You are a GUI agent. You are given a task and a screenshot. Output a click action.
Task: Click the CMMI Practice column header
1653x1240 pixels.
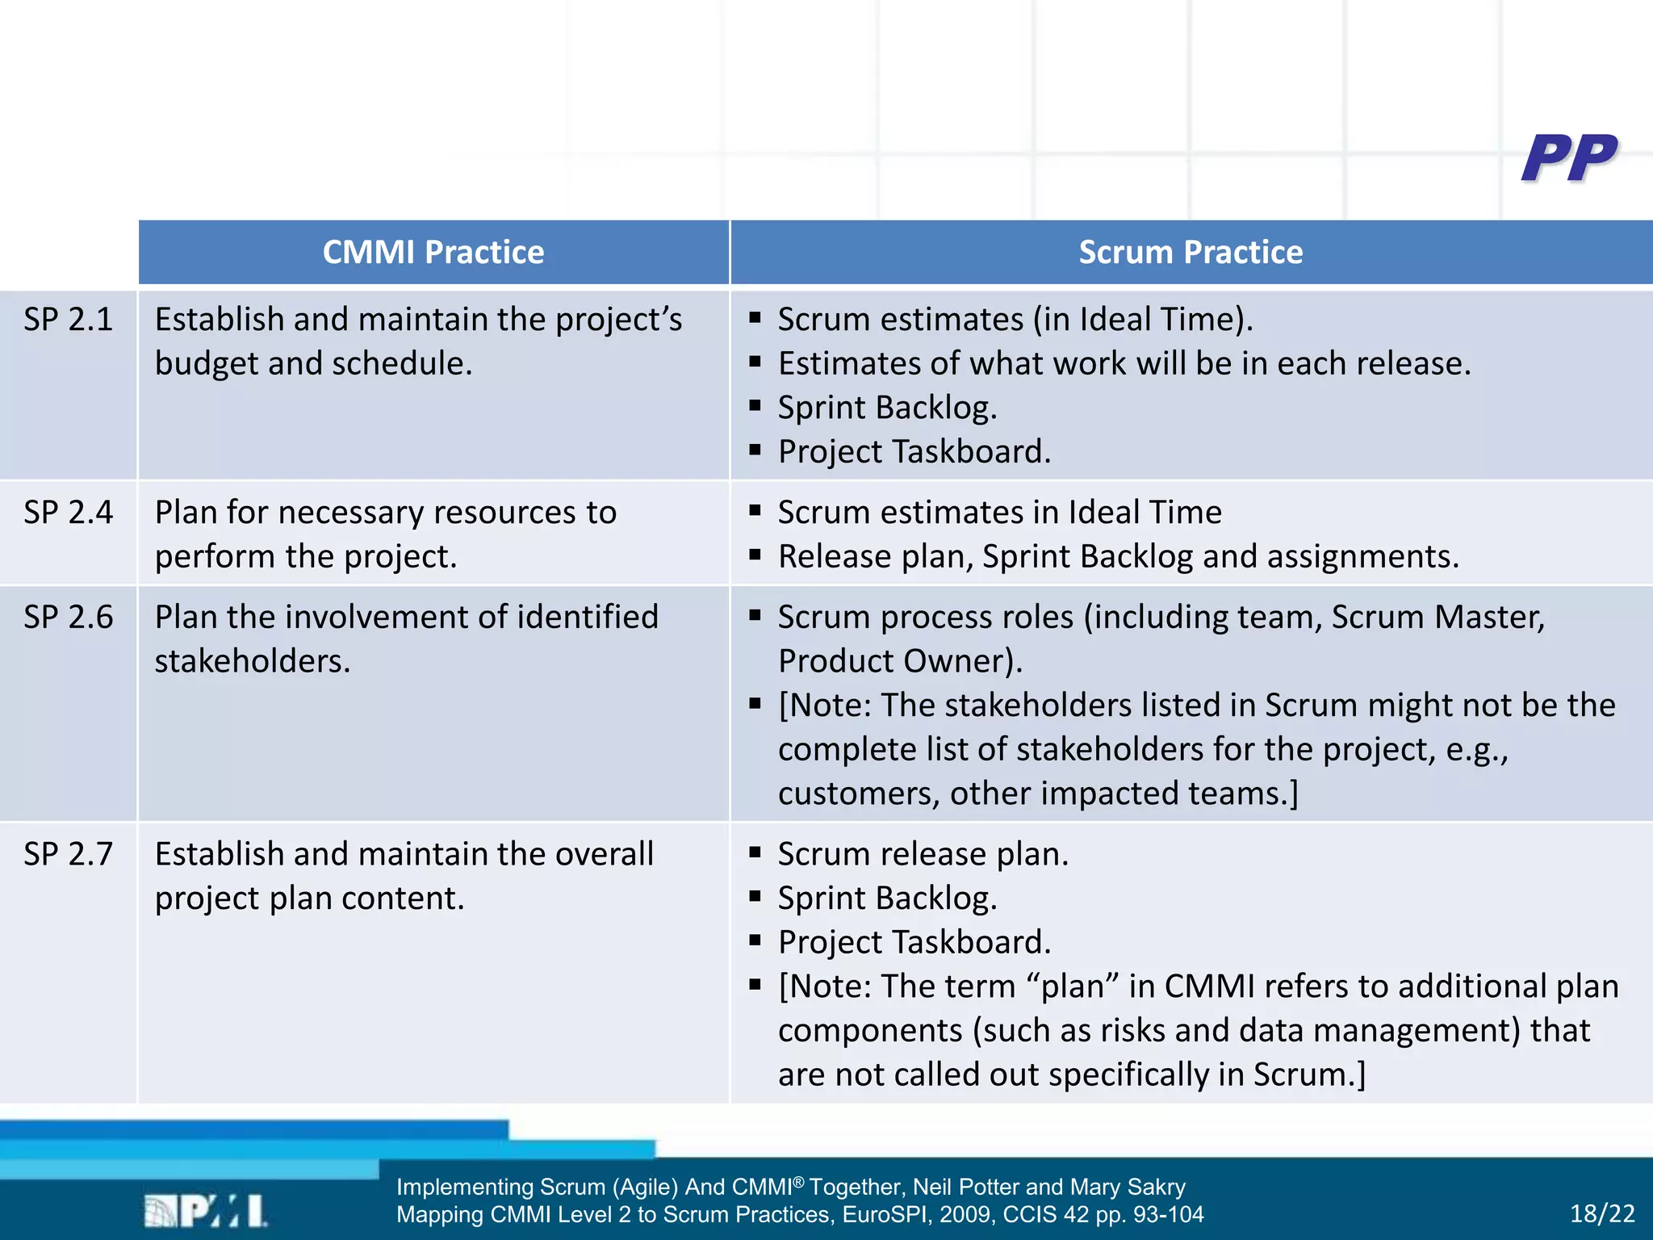coord(433,253)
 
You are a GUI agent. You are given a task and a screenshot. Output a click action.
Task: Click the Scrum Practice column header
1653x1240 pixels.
coord(1191,253)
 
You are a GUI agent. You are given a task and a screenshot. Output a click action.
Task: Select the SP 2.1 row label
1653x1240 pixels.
coord(68,320)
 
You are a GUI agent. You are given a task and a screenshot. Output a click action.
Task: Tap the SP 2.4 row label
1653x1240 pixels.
coord(68,513)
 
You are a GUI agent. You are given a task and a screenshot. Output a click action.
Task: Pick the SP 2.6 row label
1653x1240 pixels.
coord(68,618)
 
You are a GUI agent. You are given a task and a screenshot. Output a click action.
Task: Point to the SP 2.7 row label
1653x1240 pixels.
coord(68,854)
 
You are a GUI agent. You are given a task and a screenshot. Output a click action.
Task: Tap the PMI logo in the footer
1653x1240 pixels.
coord(206,1211)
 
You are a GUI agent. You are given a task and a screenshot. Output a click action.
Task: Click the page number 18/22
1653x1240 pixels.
coord(1602,1213)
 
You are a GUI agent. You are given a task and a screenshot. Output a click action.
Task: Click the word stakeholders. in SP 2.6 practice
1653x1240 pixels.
coord(253,661)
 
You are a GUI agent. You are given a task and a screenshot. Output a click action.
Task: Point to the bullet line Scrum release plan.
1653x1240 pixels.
coord(923,854)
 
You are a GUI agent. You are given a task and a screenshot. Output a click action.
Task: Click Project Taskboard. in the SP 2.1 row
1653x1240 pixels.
coord(914,452)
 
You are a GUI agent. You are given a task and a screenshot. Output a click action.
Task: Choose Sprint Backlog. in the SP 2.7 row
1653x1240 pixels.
coord(887,899)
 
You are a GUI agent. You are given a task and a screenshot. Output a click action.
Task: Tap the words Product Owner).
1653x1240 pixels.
coord(900,661)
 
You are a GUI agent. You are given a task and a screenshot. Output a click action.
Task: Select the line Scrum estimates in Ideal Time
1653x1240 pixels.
coord(999,513)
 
